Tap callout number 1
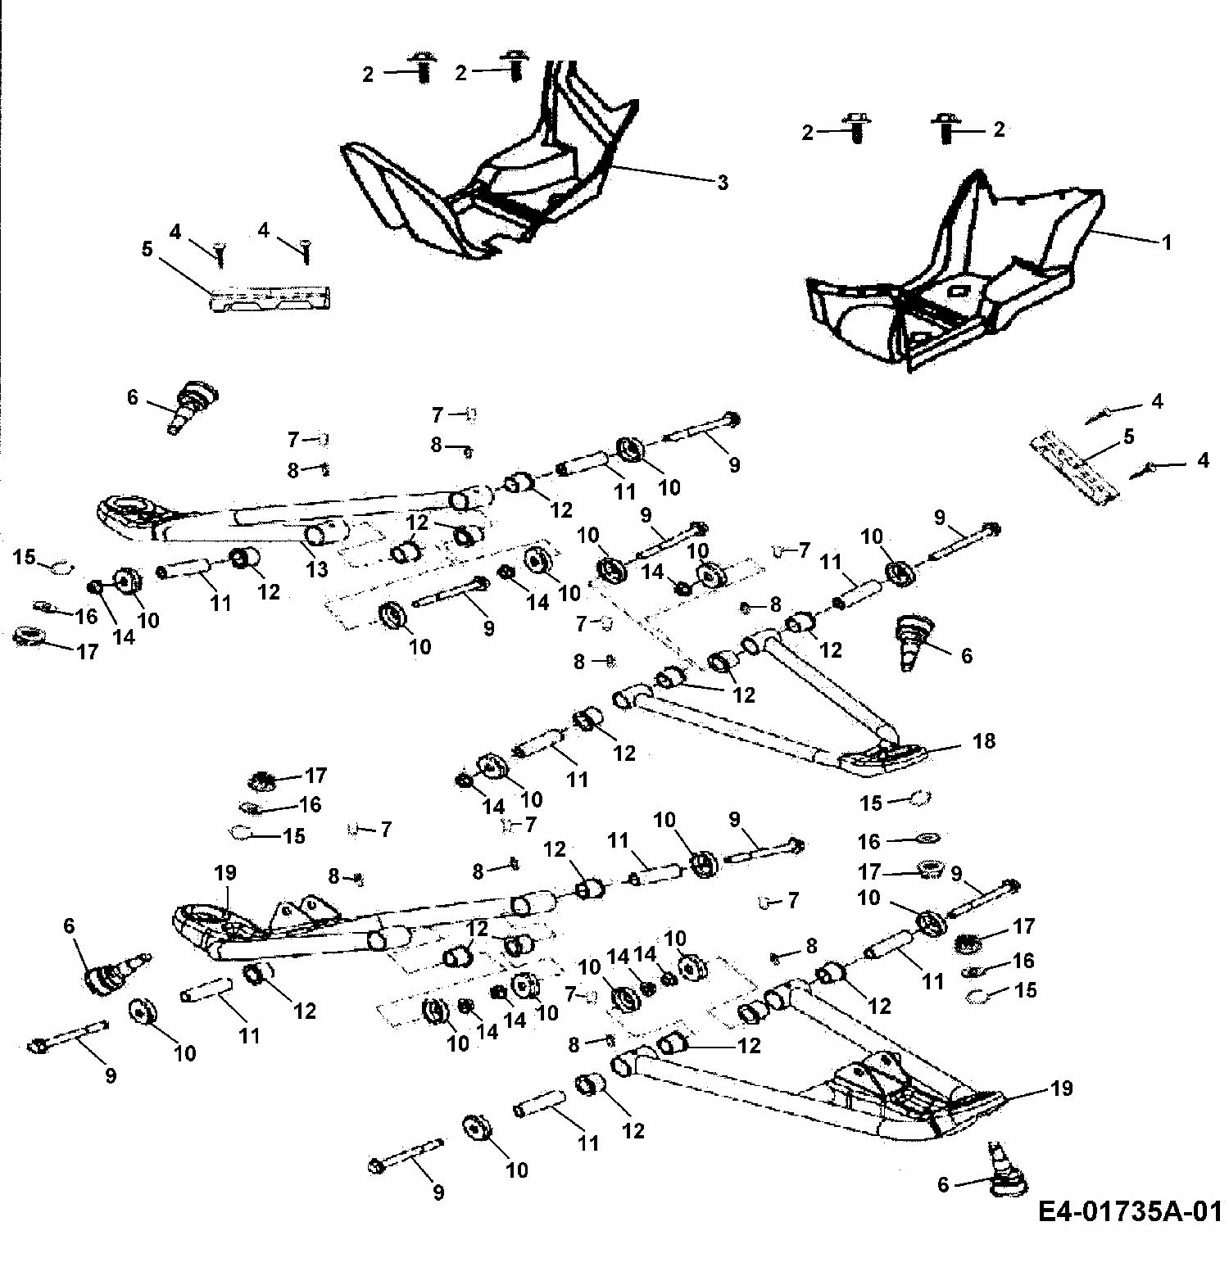pyautogui.click(x=1167, y=242)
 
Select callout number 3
pyautogui.click(x=722, y=182)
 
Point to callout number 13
pyautogui.click(x=316, y=569)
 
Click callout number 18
pyautogui.click(x=983, y=741)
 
